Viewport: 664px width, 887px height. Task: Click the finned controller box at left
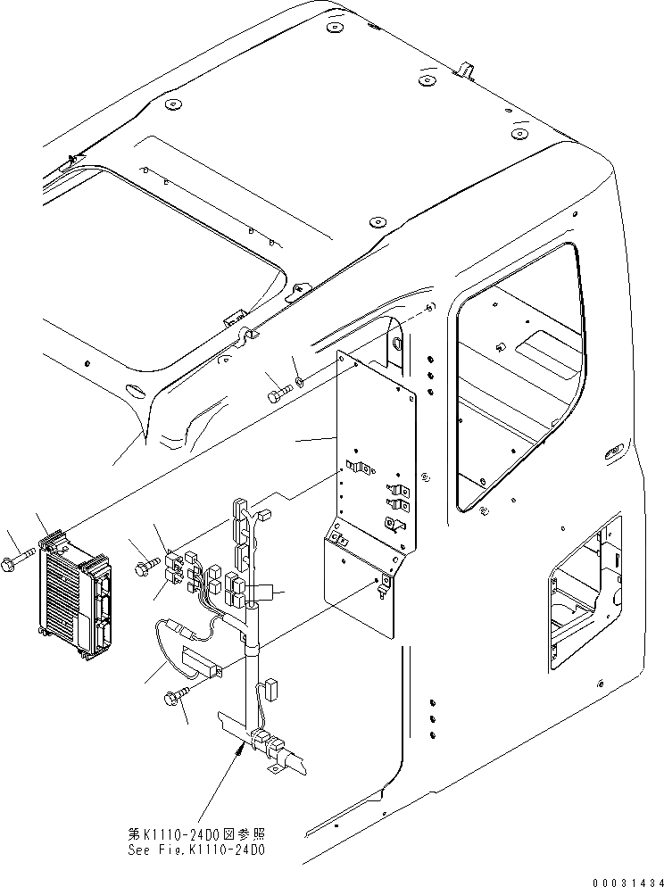(x=77, y=597)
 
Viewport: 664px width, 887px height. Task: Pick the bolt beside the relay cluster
(x=146, y=566)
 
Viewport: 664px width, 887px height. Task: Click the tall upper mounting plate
(x=375, y=446)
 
